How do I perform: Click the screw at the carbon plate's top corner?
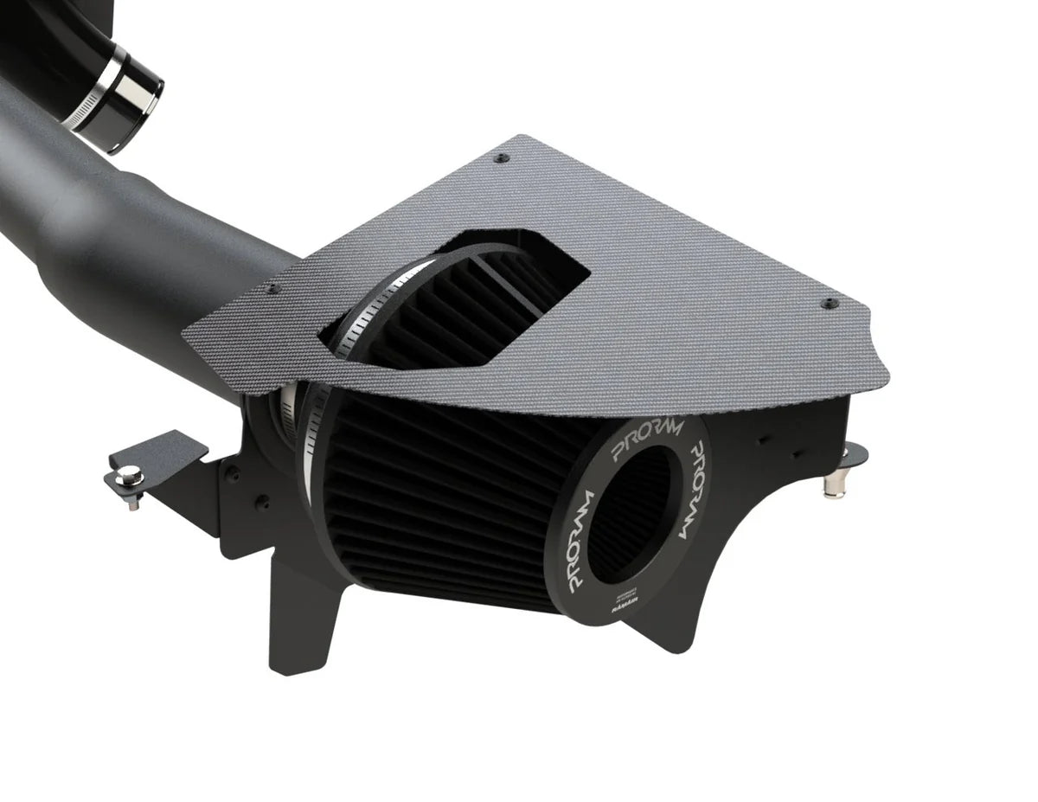502,157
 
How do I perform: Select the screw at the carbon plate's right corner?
830,304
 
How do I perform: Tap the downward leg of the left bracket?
298,623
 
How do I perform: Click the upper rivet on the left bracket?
233,472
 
